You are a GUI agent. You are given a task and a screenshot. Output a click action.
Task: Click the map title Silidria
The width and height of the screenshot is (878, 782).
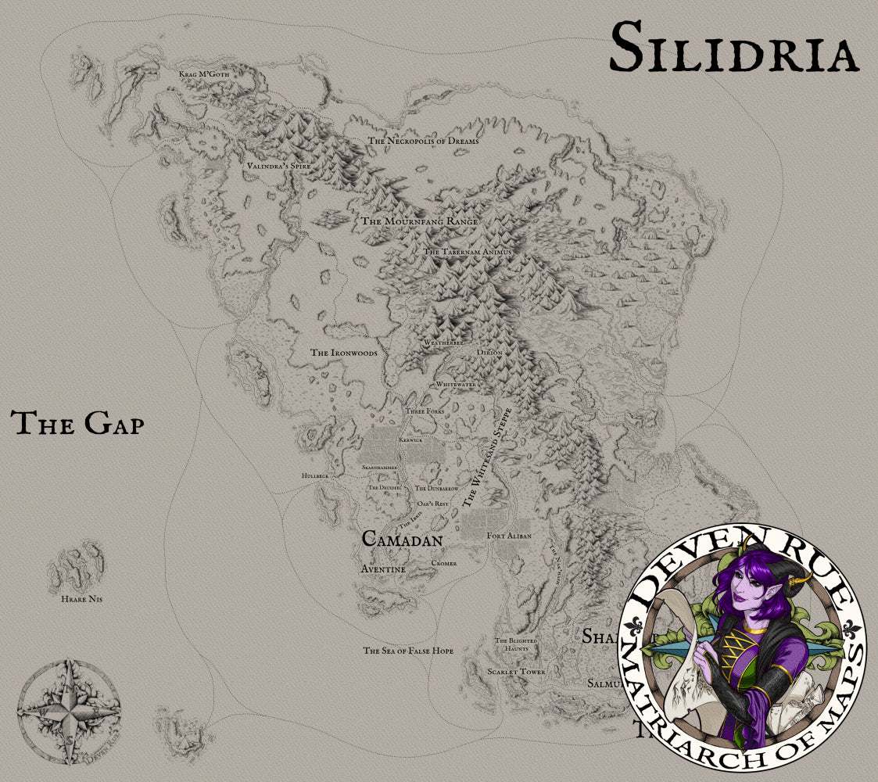734,48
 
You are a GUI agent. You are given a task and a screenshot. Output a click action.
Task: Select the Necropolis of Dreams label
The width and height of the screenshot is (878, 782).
423,141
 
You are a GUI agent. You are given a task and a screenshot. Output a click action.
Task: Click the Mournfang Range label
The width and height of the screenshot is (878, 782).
419,221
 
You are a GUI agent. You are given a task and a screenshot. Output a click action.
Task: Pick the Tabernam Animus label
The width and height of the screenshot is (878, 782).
467,252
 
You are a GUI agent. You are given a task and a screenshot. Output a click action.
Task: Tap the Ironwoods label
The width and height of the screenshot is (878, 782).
344,353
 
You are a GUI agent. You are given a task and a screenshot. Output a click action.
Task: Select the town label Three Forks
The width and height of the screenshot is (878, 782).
425,411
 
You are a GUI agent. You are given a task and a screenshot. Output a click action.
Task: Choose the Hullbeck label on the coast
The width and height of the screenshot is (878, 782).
315,475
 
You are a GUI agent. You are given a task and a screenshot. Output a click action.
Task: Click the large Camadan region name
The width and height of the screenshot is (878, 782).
403,539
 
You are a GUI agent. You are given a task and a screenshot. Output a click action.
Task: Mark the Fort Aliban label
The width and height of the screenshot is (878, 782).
508,536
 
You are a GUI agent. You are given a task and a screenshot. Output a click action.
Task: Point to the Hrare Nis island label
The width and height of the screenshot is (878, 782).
82,599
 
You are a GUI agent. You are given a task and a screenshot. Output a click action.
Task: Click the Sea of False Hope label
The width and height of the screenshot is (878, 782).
408,651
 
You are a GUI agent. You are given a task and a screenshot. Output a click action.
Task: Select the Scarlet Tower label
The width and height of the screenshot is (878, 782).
516,672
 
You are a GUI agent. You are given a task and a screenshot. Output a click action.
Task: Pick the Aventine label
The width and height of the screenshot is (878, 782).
383,569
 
